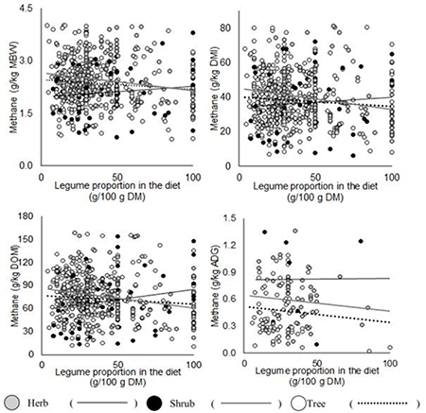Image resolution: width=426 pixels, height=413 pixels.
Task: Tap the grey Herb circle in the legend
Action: point(15,400)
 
